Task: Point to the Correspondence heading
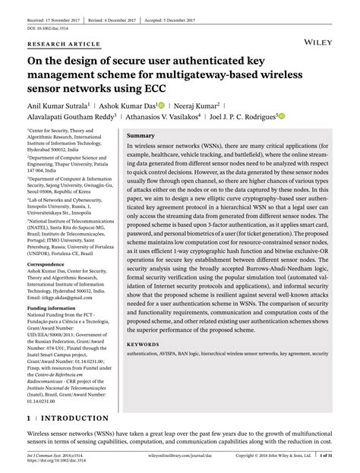(48, 263)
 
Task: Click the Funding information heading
(54, 309)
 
